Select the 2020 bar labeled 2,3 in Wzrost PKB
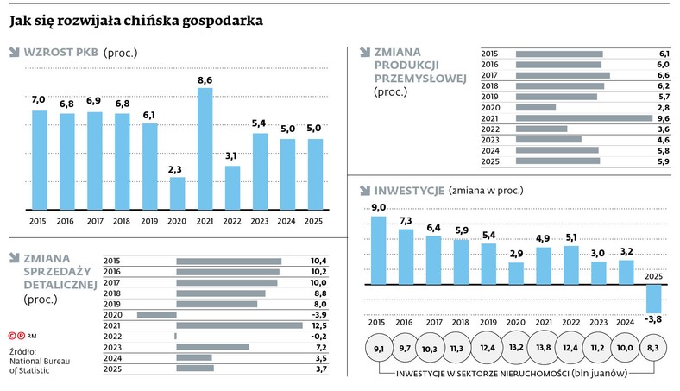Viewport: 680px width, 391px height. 177,193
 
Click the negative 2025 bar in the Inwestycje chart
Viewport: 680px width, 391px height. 654,299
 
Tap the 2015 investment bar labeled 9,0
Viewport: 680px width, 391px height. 379,249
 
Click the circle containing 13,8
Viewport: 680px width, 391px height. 545,348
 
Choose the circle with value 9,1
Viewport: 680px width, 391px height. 379,348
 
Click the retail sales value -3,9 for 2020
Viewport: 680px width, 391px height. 318,315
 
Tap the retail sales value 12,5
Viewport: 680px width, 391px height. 318,325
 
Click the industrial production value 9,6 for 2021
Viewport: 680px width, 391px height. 663,118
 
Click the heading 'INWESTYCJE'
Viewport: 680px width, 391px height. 409,190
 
